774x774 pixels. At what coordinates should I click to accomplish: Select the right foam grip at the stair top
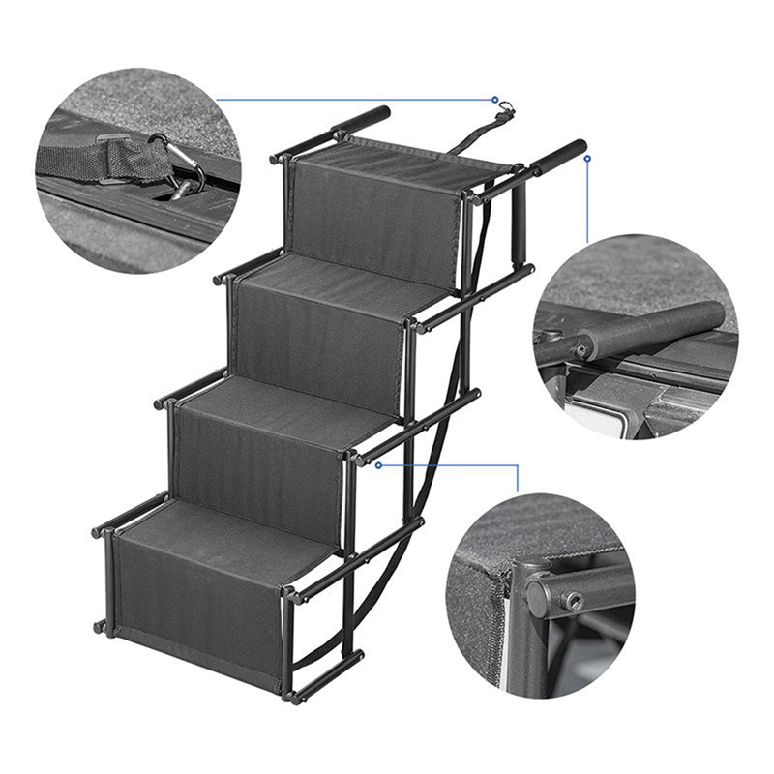point(561,155)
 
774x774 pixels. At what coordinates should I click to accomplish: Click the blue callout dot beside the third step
point(378,464)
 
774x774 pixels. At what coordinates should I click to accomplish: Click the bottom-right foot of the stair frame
point(289,695)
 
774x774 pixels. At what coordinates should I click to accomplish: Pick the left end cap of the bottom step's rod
point(98,531)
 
